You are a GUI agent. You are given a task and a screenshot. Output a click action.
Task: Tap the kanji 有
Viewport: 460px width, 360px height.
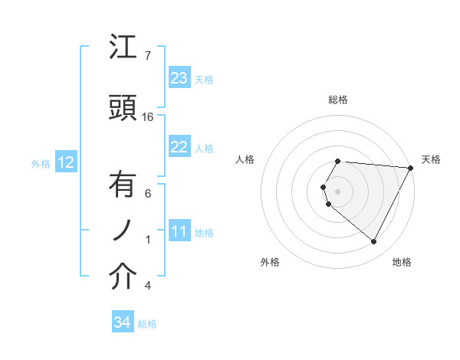(123, 185)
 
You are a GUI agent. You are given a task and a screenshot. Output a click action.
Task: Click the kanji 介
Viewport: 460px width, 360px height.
(123, 277)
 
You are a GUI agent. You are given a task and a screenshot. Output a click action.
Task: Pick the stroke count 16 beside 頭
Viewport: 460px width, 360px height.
(148, 117)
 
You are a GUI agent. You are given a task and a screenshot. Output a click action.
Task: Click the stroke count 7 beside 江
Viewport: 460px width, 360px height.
(148, 56)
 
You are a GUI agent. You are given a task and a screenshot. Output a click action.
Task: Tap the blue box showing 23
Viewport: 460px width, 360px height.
(179, 78)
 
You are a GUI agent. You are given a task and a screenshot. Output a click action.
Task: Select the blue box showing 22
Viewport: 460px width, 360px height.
(179, 147)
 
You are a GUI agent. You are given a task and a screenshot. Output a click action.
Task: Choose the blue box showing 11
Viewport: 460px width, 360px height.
(179, 231)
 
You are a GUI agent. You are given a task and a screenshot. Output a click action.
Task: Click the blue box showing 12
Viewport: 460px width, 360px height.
(65, 162)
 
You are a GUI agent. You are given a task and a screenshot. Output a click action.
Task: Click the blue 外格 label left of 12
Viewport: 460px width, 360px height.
(40, 163)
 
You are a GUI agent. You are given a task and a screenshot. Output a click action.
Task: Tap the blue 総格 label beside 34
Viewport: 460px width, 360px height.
(147, 324)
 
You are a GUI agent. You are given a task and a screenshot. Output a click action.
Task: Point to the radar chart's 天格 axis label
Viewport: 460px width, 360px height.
(431, 159)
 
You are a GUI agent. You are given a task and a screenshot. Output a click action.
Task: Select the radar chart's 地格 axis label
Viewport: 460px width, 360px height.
(402, 262)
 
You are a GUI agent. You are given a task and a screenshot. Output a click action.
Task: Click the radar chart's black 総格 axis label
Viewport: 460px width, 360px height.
(338, 100)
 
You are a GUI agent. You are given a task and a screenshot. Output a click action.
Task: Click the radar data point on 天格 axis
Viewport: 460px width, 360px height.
(411, 168)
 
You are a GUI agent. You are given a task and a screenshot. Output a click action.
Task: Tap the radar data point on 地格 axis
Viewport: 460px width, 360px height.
(374, 241)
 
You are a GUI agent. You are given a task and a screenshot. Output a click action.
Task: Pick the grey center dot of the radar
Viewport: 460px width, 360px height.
(338, 191)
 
